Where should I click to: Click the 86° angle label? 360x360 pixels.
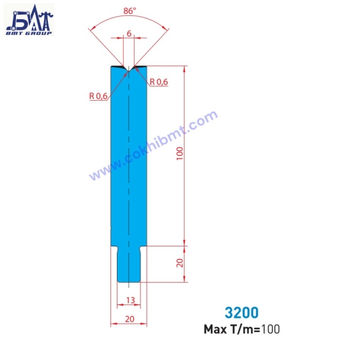point(130,10)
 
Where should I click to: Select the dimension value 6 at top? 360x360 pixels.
point(130,33)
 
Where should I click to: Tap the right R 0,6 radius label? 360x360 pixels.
point(158,82)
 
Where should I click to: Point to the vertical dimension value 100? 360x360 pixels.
point(180,154)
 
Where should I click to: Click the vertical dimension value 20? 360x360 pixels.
point(180,262)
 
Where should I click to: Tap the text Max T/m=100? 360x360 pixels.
point(241,330)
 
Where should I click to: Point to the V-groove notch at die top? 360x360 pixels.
point(130,69)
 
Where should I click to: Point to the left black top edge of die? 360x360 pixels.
point(119,66)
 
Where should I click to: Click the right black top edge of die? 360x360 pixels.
point(140,66)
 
